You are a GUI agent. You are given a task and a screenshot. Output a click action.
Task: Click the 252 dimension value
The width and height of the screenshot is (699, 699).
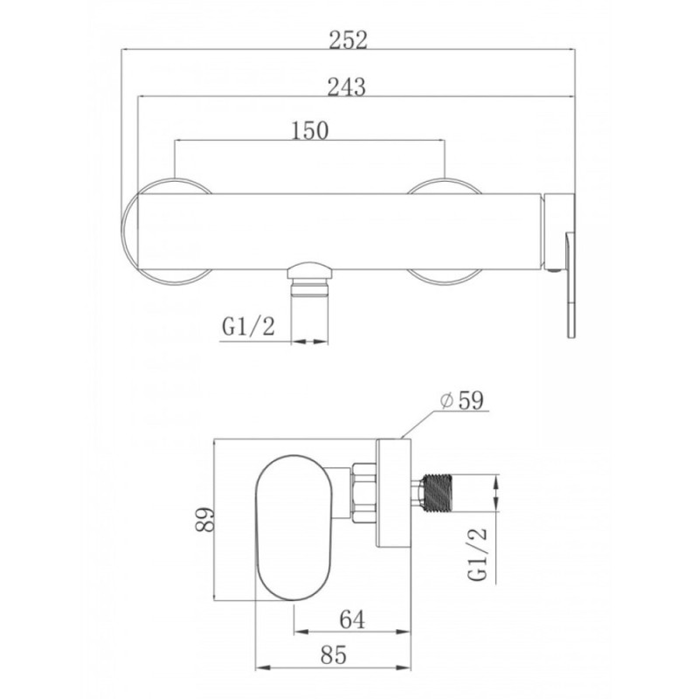pyautogui.click(x=348, y=40)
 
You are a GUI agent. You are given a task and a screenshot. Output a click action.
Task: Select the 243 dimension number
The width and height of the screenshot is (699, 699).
pyautogui.click(x=346, y=87)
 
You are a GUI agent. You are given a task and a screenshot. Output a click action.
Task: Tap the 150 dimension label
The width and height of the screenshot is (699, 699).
pyautogui.click(x=309, y=130)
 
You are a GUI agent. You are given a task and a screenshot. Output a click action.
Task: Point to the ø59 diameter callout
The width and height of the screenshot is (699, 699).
pyautogui.click(x=461, y=400)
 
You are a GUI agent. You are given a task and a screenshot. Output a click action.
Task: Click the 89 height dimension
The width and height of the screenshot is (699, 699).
pyautogui.click(x=205, y=519)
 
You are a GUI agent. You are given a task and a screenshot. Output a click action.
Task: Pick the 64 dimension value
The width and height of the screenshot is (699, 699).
pyautogui.click(x=352, y=619)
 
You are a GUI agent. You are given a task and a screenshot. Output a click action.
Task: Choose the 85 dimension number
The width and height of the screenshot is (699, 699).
pyautogui.click(x=334, y=655)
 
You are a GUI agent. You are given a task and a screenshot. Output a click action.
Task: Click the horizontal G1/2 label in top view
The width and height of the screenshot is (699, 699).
pyautogui.click(x=248, y=327)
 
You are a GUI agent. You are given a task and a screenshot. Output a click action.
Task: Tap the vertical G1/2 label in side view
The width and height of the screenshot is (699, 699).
pyautogui.click(x=478, y=555)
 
